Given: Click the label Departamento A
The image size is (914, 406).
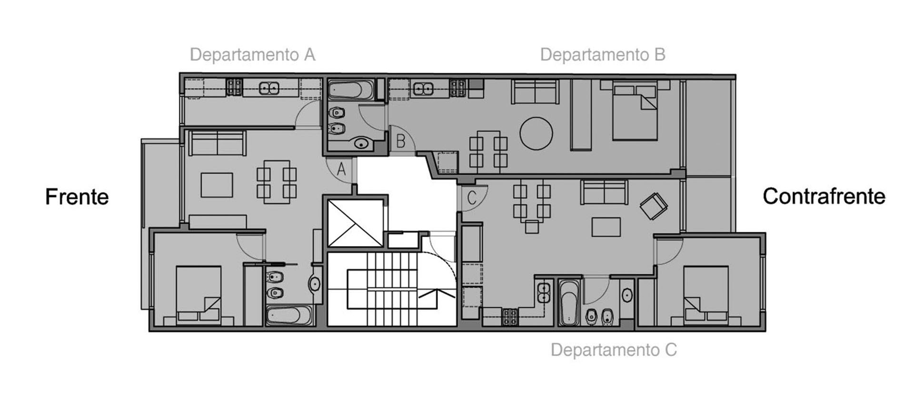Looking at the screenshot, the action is (x=252, y=55).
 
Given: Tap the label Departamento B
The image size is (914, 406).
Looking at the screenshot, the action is (x=602, y=55).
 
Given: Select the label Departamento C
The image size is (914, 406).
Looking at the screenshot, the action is (x=614, y=350).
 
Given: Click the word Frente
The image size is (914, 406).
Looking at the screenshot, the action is (x=77, y=197).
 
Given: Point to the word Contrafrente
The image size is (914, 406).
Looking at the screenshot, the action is (x=824, y=196).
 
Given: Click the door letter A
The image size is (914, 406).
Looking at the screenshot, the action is (x=341, y=169).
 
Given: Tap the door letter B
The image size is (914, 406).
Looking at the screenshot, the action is (x=401, y=141).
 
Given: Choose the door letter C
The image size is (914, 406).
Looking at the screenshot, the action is (x=472, y=198).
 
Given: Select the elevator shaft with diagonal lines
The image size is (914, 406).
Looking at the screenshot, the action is (x=356, y=223).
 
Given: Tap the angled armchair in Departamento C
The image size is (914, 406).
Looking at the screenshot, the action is (x=654, y=206).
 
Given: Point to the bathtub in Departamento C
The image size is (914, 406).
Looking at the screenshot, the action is (x=569, y=303).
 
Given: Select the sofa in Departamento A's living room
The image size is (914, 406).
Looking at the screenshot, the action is (x=217, y=143).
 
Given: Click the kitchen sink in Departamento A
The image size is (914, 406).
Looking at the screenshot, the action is (x=268, y=88).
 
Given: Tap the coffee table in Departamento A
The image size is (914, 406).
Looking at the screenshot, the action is (x=217, y=185).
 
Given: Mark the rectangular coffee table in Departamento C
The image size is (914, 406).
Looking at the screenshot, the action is (x=606, y=227).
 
